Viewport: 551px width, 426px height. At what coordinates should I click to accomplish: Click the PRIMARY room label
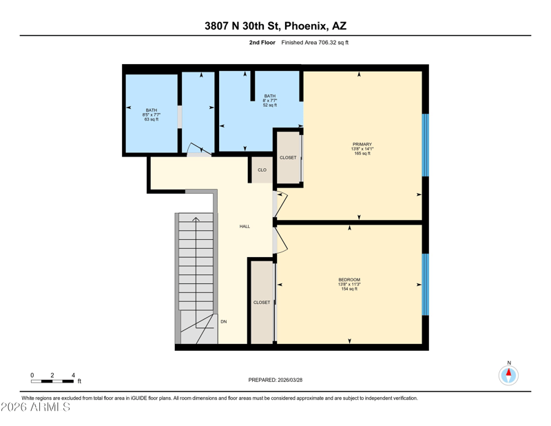click(x=362, y=144)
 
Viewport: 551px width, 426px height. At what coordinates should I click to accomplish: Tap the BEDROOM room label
click(x=349, y=280)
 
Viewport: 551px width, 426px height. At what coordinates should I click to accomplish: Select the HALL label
click(x=245, y=227)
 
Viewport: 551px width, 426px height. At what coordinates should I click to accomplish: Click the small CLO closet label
click(x=262, y=170)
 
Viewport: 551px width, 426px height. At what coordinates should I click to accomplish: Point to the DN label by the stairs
click(x=223, y=321)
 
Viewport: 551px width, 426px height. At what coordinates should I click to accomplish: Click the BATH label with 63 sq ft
click(x=152, y=110)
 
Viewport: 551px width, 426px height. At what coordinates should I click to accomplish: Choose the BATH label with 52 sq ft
click(x=270, y=96)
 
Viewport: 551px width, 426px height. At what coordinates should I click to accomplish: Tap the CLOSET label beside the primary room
click(x=288, y=158)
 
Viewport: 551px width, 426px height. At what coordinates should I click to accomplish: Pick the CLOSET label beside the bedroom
click(x=262, y=302)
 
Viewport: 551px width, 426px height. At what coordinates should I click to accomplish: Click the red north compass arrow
click(x=508, y=372)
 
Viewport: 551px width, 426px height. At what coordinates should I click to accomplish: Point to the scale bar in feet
click(x=53, y=381)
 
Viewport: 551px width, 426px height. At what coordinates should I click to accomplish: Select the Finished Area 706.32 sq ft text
click(x=315, y=43)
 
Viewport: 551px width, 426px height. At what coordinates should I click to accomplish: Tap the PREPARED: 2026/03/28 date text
click(x=275, y=380)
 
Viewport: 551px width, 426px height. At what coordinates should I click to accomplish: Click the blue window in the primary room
click(x=425, y=145)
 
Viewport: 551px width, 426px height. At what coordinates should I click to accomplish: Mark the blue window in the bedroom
click(x=425, y=284)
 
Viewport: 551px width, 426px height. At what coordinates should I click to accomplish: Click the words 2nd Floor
click(x=262, y=43)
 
